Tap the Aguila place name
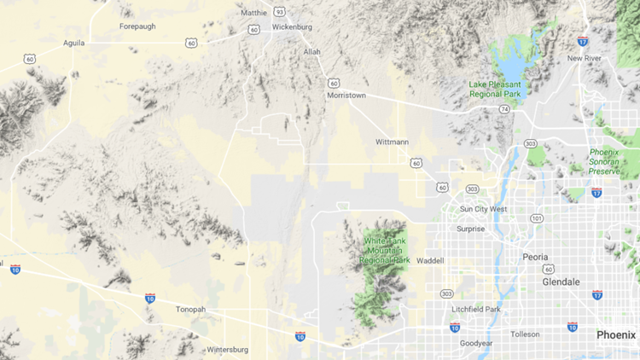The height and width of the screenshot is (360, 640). pos(74,42)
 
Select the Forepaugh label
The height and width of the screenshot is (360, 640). pos(138,26)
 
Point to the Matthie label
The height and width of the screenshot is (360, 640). pos(254,13)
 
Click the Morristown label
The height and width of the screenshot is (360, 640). pos(346,96)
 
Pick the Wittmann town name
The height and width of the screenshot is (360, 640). pos(393,142)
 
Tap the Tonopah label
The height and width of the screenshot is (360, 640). pos(189,309)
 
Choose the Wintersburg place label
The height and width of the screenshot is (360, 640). pos(226,349)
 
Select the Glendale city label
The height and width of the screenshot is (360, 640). pos(561,282)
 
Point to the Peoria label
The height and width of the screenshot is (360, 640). pos(536,257)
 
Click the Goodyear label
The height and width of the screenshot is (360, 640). pos(476,342)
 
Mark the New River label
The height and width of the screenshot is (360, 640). pos(585,58)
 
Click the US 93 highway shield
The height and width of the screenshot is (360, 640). pos(279,12)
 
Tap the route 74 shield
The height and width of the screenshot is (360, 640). pos(505,110)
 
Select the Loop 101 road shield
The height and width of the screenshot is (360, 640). pos(536,218)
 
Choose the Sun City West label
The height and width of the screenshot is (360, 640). pos(483,209)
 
